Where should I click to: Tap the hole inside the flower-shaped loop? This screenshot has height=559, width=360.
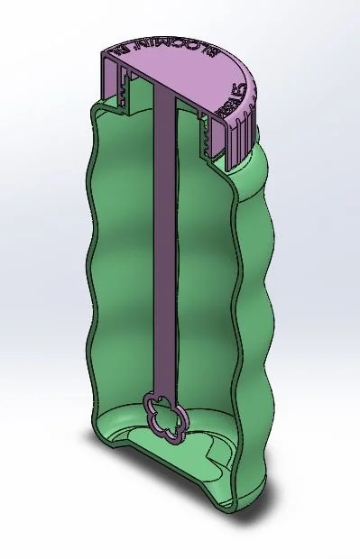[167, 417]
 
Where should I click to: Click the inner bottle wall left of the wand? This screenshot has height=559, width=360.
[126, 270]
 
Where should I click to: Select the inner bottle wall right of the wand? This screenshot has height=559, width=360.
[203, 270]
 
